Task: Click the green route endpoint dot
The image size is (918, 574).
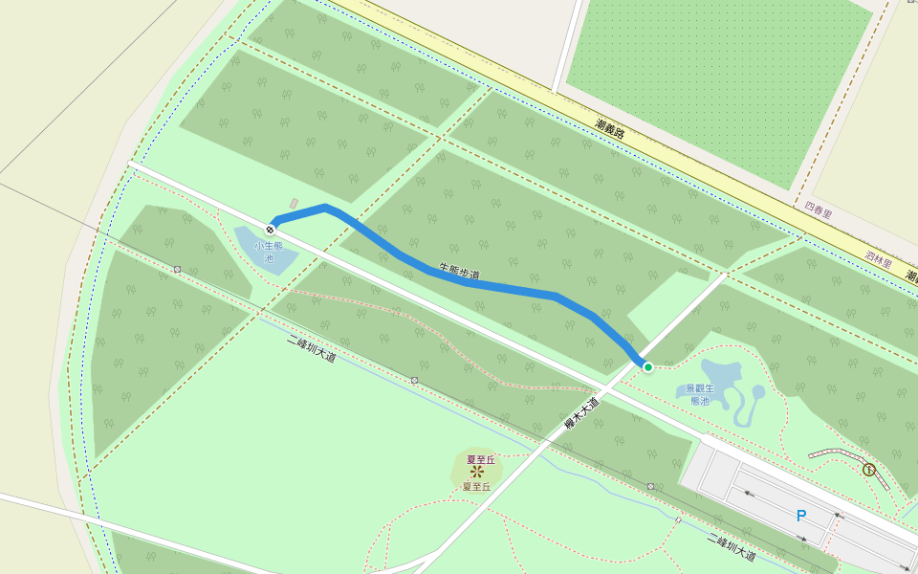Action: [x=647, y=366]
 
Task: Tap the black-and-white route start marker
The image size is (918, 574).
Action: [x=272, y=229]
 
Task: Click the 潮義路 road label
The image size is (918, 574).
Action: [x=609, y=128]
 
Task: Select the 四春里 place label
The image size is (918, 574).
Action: [x=820, y=207]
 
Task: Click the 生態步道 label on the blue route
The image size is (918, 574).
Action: [x=459, y=272]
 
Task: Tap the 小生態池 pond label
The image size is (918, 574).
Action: [x=269, y=252]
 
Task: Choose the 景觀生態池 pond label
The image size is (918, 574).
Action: [x=700, y=394]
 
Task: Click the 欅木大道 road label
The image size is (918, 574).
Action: [x=580, y=414]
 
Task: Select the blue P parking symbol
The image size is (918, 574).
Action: [x=801, y=516]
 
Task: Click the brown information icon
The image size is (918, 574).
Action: [x=868, y=470]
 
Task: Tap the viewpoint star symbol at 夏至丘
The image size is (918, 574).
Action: [x=476, y=473]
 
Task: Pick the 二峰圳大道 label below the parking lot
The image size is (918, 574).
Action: [x=732, y=547]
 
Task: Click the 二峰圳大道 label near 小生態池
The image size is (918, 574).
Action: [x=312, y=348]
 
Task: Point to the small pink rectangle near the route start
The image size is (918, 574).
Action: [x=294, y=204]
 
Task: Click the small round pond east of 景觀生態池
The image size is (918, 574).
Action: [x=758, y=391]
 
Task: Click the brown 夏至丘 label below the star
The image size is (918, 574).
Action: [x=476, y=487]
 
